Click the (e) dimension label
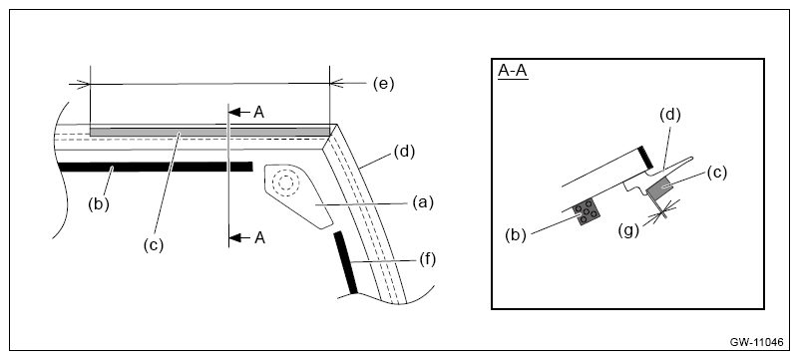pyautogui.click(x=383, y=84)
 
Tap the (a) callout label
pyautogui.click(x=422, y=202)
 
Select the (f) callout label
pyautogui.click(x=427, y=259)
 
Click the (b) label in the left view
pyautogui.click(x=99, y=204)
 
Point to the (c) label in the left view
pyautogui.click(x=154, y=245)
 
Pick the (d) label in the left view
pyautogui.click(x=405, y=152)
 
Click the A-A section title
pyautogui.click(x=513, y=72)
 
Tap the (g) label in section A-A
pyautogui.click(x=628, y=230)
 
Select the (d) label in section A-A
pyautogui.click(x=670, y=115)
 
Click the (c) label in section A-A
pyautogui.click(x=716, y=173)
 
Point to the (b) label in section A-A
pyautogui.click(x=516, y=235)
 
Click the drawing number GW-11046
pyautogui.click(x=757, y=342)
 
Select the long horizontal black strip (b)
pyautogui.click(x=156, y=167)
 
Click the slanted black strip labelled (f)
pyautogui.click(x=345, y=262)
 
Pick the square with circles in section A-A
pyautogui.click(x=586, y=211)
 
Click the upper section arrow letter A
pyautogui.click(x=259, y=112)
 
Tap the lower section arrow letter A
pyautogui.click(x=259, y=237)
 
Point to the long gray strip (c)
pyautogui.click(x=209, y=132)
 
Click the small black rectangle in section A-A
pyautogui.click(x=645, y=158)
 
